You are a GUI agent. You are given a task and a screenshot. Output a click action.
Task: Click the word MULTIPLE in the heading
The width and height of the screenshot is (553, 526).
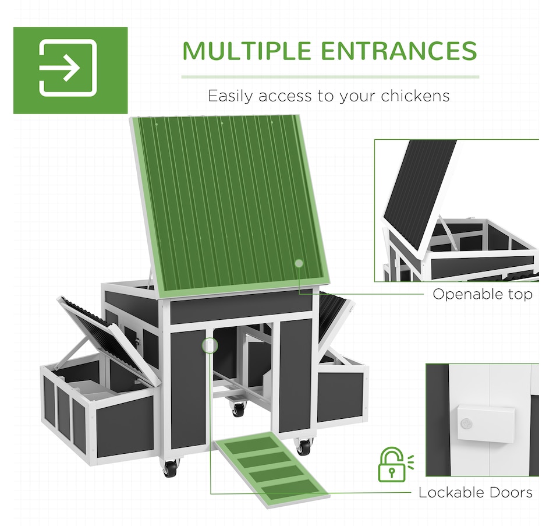click(x=247, y=51)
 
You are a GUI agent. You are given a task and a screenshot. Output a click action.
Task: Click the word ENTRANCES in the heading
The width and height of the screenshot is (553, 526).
click(x=399, y=51)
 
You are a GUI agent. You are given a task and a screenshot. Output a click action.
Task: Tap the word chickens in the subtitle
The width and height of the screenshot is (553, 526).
click(x=415, y=96)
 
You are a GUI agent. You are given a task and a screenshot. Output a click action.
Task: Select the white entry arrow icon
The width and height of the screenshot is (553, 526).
click(x=68, y=68)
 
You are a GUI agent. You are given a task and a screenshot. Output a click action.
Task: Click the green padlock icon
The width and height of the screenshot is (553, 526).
click(x=392, y=464)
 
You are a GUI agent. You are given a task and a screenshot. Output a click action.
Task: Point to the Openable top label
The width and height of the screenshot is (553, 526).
click(x=483, y=294)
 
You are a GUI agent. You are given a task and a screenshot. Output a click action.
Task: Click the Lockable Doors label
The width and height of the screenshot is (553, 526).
click(x=476, y=492)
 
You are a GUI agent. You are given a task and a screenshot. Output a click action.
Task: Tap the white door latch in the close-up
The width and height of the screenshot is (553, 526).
click(x=486, y=424)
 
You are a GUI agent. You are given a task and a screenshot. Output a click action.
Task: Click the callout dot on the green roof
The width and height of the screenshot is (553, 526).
click(x=299, y=263)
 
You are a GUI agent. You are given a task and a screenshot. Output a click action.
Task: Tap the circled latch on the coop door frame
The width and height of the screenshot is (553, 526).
click(x=210, y=345)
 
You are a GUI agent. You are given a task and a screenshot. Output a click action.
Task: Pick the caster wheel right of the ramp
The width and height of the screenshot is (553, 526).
click(x=303, y=447)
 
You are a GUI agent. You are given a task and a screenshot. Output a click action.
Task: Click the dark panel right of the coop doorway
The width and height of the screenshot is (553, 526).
click(x=296, y=375)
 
